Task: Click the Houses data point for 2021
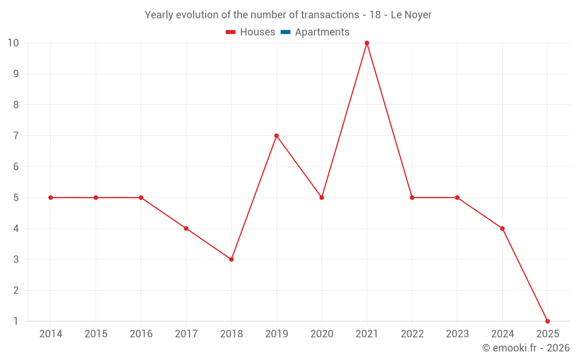click(x=367, y=43)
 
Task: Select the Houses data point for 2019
click(x=276, y=136)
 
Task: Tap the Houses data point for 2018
click(x=231, y=259)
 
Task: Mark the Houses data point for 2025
click(x=547, y=321)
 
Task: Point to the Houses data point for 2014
click(x=51, y=198)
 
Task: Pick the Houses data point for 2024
click(x=502, y=229)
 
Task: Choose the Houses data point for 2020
click(x=321, y=198)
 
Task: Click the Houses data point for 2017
click(x=186, y=229)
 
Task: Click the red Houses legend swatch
click(x=231, y=32)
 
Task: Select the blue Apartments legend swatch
click(x=285, y=32)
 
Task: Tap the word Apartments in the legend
click(x=322, y=32)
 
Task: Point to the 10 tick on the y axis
click(x=13, y=43)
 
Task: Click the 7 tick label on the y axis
click(x=16, y=136)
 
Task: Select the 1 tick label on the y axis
click(x=16, y=321)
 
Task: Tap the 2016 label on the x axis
click(x=141, y=334)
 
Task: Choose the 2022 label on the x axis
click(x=412, y=334)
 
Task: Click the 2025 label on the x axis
click(x=547, y=334)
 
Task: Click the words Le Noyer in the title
click(x=411, y=15)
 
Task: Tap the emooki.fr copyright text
click(x=526, y=348)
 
